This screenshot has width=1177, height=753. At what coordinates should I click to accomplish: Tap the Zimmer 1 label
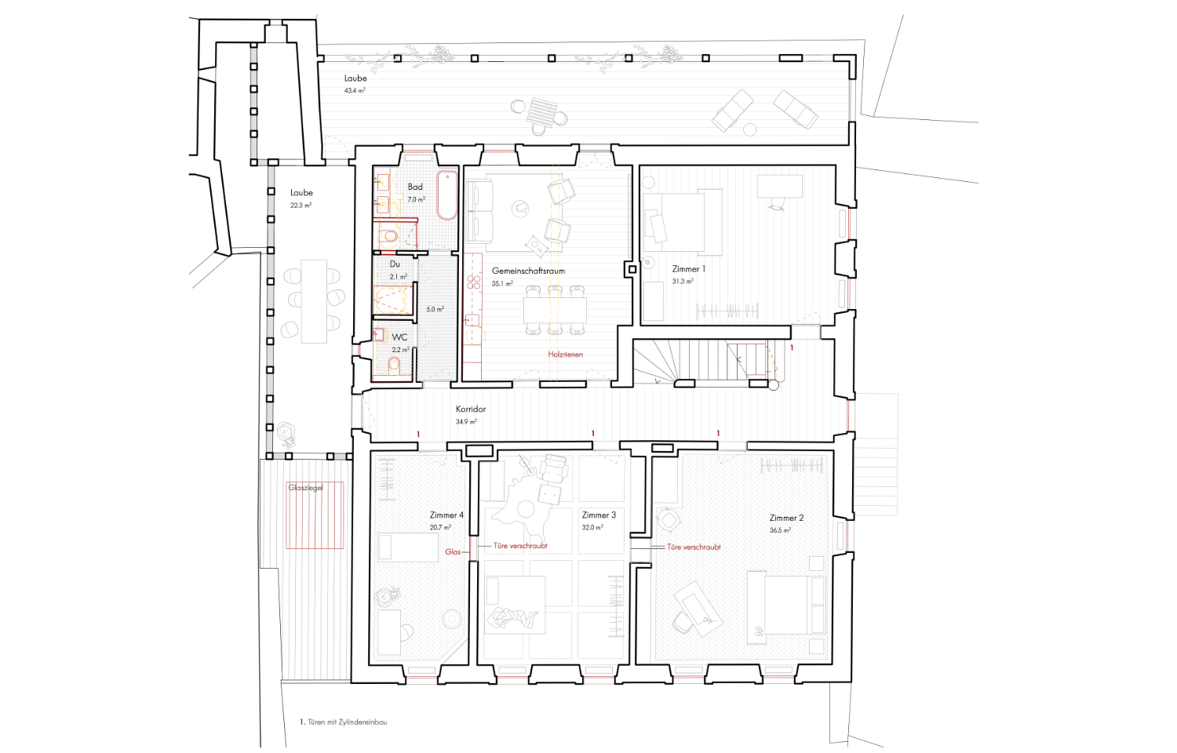click(x=689, y=269)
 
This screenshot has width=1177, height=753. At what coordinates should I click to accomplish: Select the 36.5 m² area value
click(x=780, y=530)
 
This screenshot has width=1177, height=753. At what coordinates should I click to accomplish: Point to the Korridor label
click(x=471, y=409)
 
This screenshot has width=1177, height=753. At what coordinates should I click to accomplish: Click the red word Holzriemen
click(x=566, y=355)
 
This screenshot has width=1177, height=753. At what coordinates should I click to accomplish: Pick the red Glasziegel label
click(x=305, y=488)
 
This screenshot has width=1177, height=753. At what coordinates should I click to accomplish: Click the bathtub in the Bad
click(x=447, y=195)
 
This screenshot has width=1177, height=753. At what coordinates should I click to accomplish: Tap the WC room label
click(x=399, y=337)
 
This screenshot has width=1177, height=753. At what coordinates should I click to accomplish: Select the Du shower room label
click(x=395, y=264)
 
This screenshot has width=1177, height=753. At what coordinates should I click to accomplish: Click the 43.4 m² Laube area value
click(x=355, y=90)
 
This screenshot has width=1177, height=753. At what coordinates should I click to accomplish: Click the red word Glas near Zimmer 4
click(x=453, y=552)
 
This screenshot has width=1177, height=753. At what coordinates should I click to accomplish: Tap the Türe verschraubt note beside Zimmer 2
click(x=694, y=547)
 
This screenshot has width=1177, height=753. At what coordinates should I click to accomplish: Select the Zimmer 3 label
click(x=599, y=515)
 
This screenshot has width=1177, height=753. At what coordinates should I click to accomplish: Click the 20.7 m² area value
click(x=440, y=528)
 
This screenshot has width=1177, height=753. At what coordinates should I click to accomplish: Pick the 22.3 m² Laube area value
click(x=301, y=206)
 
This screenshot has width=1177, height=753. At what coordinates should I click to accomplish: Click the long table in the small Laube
click(x=314, y=301)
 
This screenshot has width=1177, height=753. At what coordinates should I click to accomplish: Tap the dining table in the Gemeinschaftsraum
click(x=555, y=311)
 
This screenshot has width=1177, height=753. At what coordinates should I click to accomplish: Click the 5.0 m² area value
click(x=435, y=309)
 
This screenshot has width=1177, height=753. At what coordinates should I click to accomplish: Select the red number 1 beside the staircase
click(x=792, y=347)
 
